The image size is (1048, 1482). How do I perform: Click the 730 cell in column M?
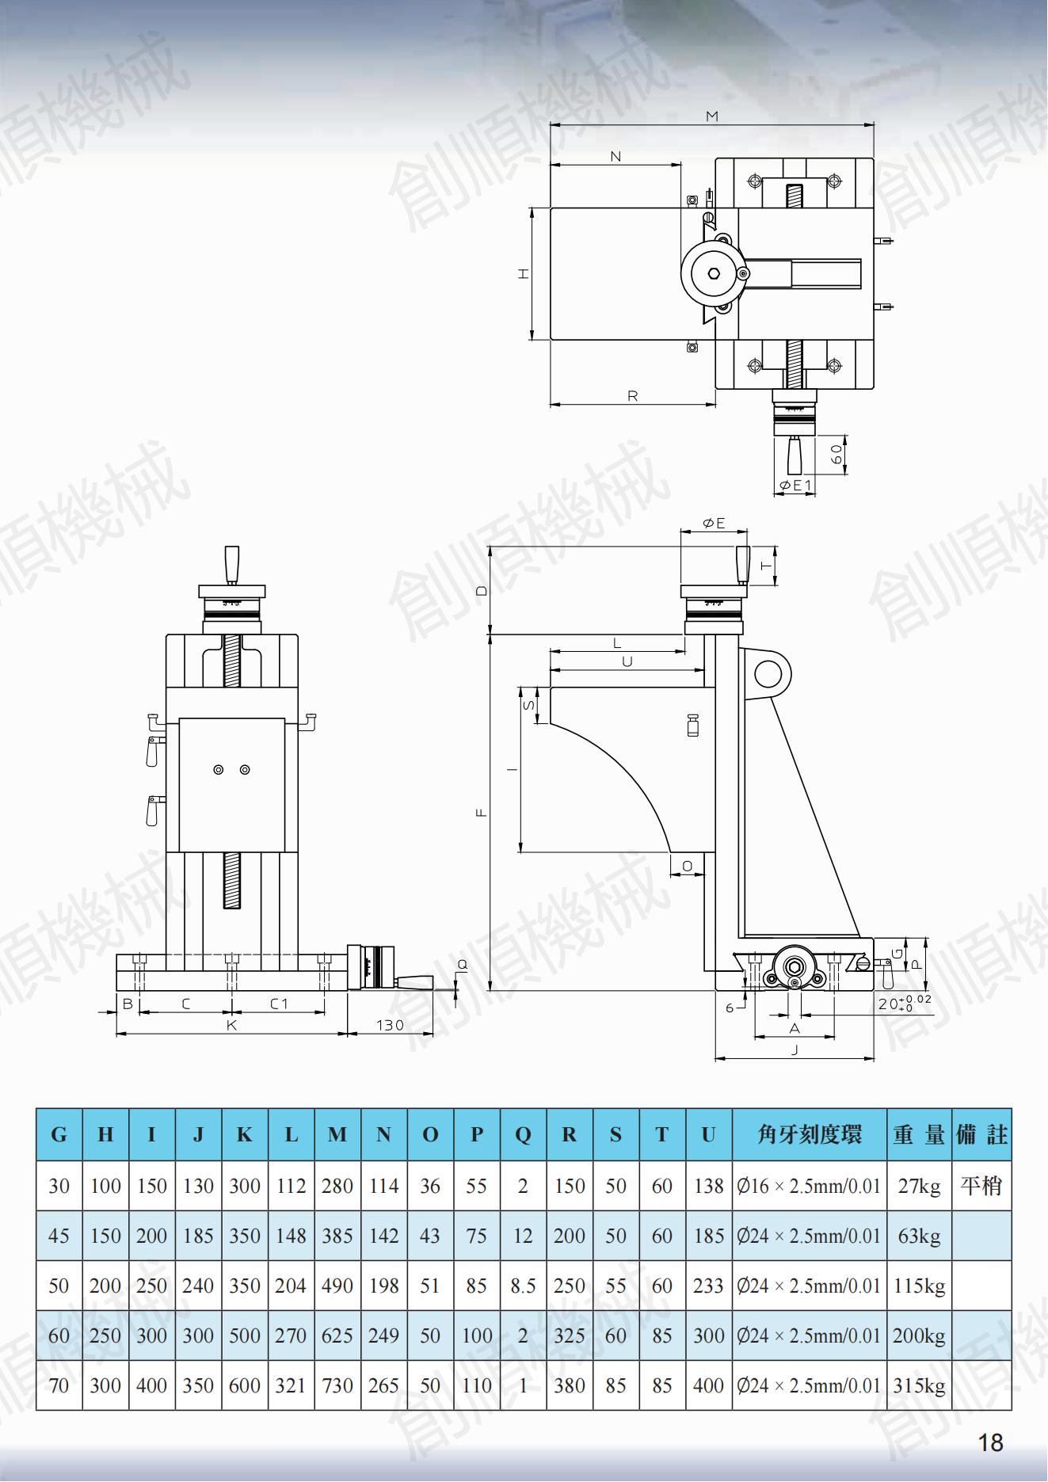(337, 1385)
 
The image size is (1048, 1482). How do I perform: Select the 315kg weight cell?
(919, 1385)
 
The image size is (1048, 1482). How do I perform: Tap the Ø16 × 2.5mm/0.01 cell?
(809, 1186)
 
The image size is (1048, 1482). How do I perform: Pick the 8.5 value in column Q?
(523, 1286)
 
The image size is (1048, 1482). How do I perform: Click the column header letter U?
(708, 1134)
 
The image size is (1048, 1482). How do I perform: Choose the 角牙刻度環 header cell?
(809, 1134)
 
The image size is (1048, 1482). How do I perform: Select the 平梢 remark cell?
(981, 1186)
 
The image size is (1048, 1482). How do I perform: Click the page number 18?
(991, 1442)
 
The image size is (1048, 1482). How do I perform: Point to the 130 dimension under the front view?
(390, 1024)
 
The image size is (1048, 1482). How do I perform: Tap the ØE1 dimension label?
(795, 485)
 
